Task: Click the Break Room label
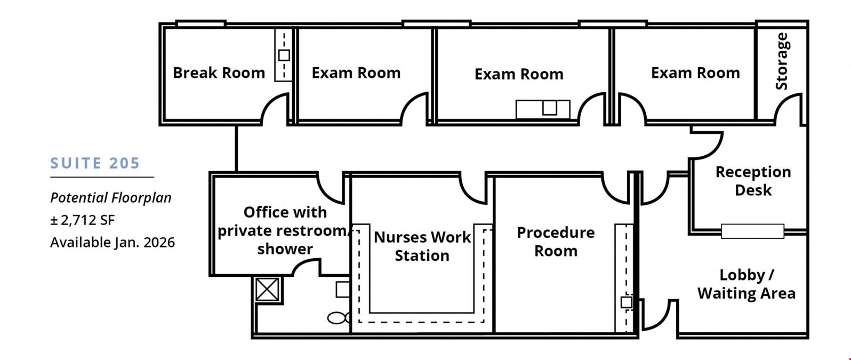(x=219, y=73)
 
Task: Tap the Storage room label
(x=782, y=61)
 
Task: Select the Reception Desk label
(x=753, y=181)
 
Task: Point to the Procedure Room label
(x=556, y=242)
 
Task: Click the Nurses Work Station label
(x=422, y=246)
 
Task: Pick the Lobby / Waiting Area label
(x=746, y=284)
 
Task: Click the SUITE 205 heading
(x=95, y=163)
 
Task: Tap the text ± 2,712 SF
(x=83, y=220)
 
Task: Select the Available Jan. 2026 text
(x=113, y=242)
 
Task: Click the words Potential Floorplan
(x=110, y=198)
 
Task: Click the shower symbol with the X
(x=267, y=290)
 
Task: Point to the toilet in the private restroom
(x=339, y=318)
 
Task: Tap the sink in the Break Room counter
(x=284, y=55)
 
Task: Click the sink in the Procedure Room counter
(x=627, y=302)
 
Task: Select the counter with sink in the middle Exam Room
(x=543, y=109)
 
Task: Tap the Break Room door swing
(x=273, y=109)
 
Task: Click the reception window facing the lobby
(x=752, y=231)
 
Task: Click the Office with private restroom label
(x=285, y=221)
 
